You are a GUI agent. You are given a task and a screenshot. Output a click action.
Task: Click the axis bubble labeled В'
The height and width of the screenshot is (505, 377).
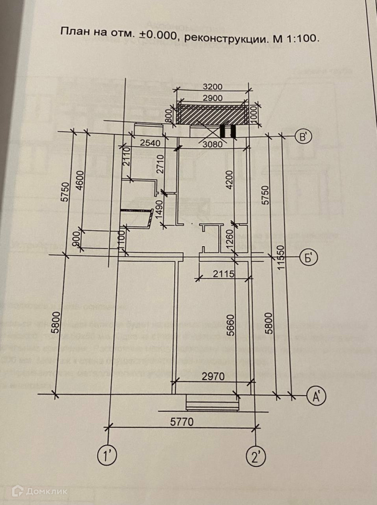coord(303,137)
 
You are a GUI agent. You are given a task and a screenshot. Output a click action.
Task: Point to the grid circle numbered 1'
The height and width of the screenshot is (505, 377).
coord(108,455)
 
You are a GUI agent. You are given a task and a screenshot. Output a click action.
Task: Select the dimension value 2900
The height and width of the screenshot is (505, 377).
coord(213,98)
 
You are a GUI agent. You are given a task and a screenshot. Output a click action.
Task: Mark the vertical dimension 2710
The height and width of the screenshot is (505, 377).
coord(161,167)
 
